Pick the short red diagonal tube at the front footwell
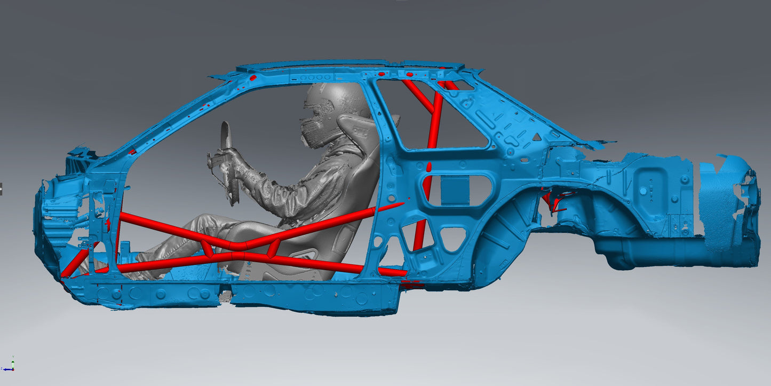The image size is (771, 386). pyautogui.click(x=75, y=262)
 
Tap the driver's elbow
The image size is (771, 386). pyautogui.click(x=291, y=206)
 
